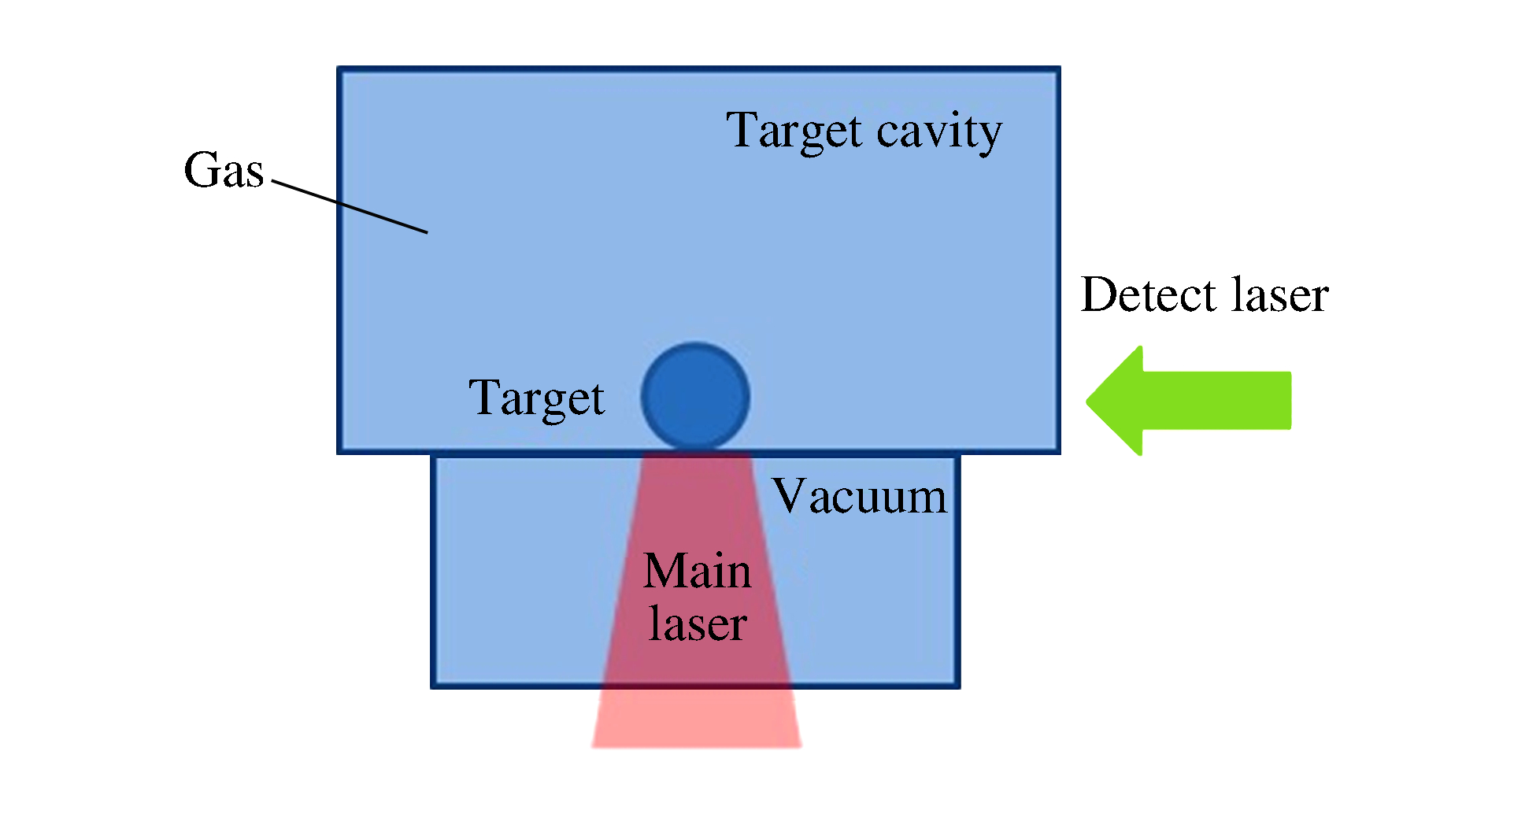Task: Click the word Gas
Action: (224, 170)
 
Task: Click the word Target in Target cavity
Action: (794, 131)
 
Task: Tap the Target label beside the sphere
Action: (536, 398)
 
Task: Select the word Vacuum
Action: (860, 497)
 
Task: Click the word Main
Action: (697, 571)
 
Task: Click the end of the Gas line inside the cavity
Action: (425, 231)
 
